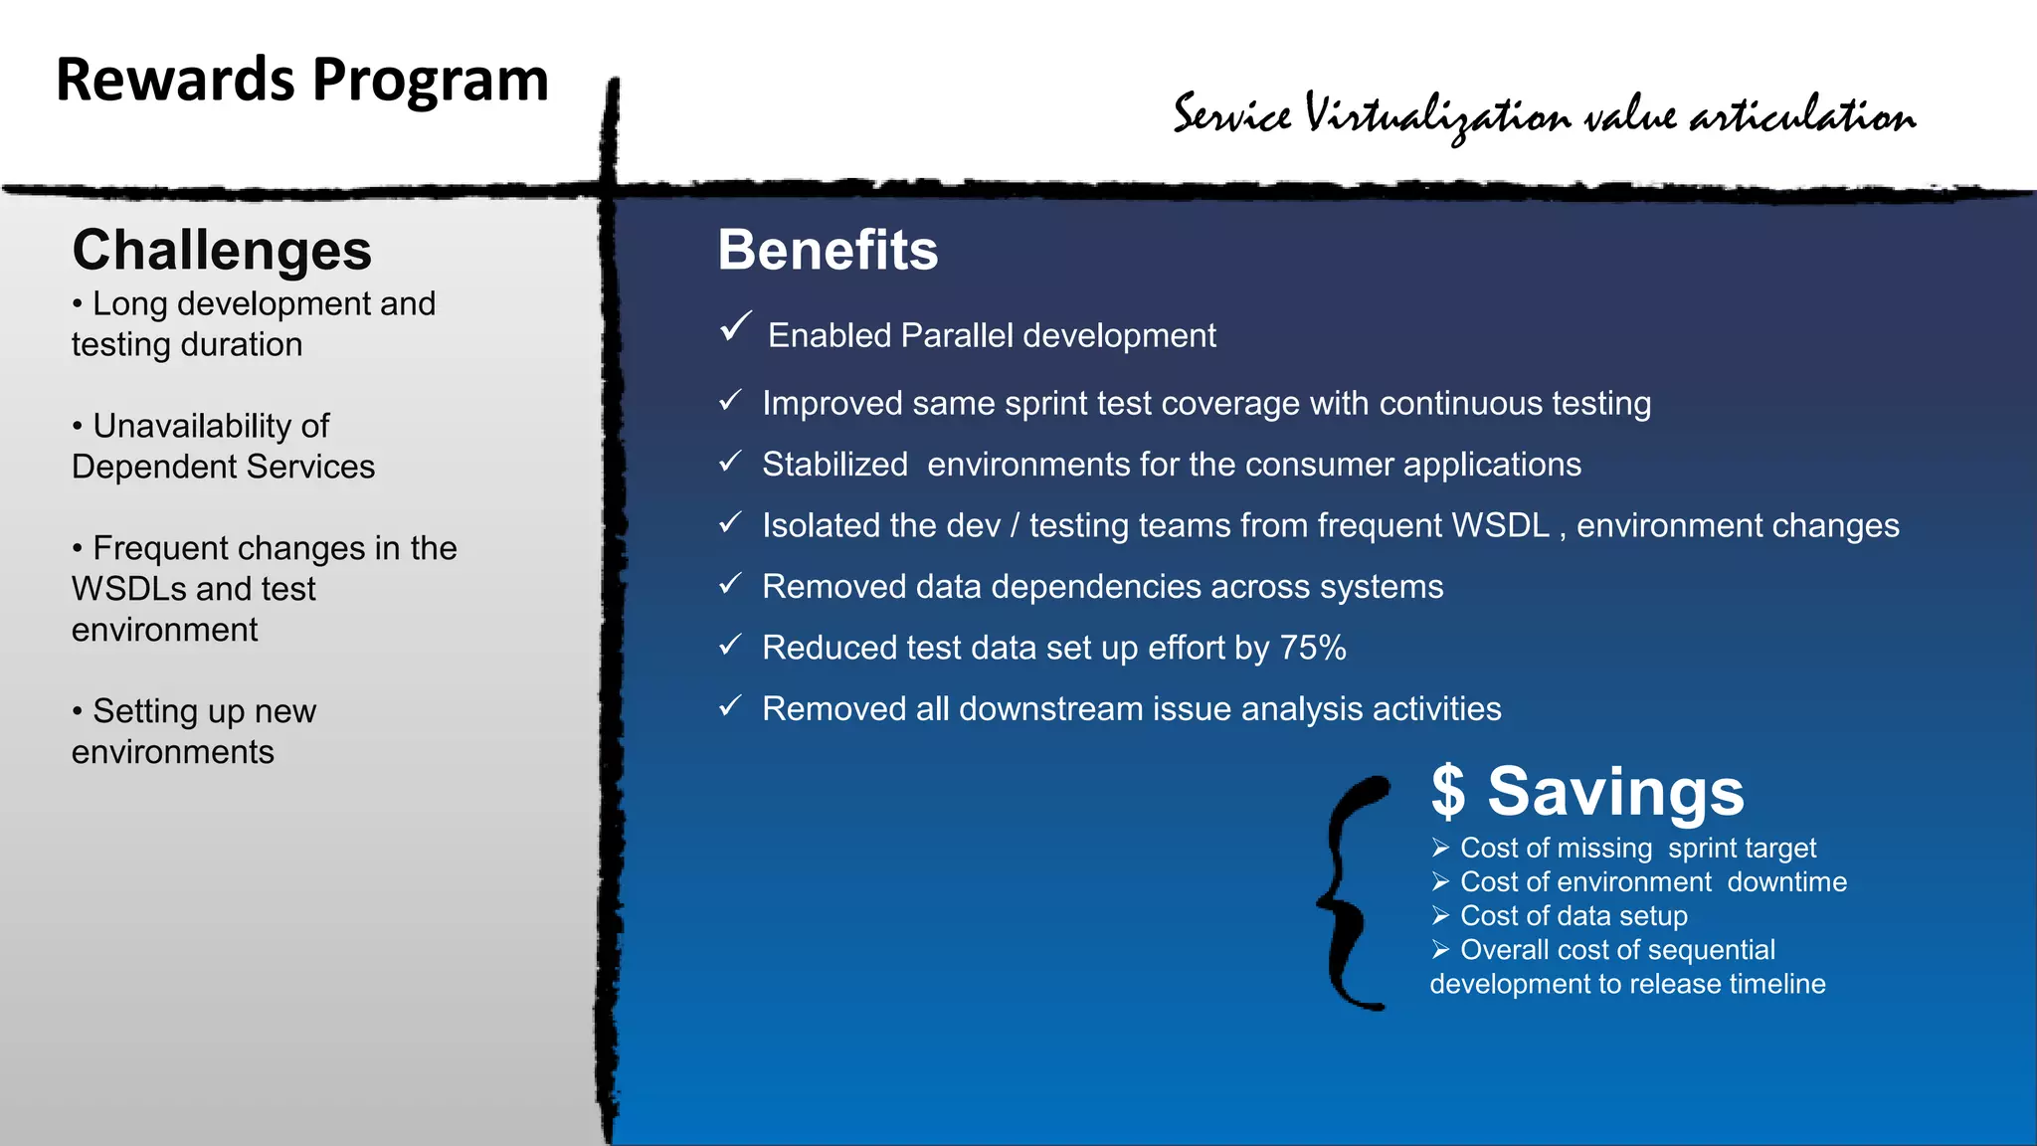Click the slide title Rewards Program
point(302,81)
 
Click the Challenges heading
point(222,250)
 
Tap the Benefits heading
point(828,250)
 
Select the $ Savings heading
point(1587,792)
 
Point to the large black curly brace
point(1355,893)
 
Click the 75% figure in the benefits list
point(1312,648)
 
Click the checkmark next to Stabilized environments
point(731,462)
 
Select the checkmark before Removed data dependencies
point(731,584)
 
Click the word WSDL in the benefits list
point(1501,525)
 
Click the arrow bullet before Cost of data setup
point(1440,915)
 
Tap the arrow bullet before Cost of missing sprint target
point(1440,848)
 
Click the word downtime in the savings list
point(1786,882)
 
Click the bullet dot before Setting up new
point(78,712)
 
